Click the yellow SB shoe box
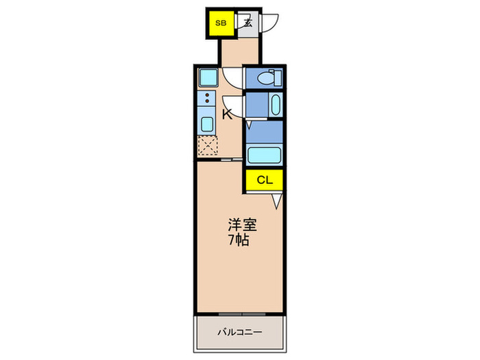(x=221, y=23)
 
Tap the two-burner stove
(x=206, y=99)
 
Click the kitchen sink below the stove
(x=206, y=124)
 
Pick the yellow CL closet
(x=264, y=180)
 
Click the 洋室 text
(x=239, y=224)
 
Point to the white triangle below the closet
(x=276, y=201)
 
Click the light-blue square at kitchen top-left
(x=207, y=77)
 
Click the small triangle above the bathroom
(x=249, y=125)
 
